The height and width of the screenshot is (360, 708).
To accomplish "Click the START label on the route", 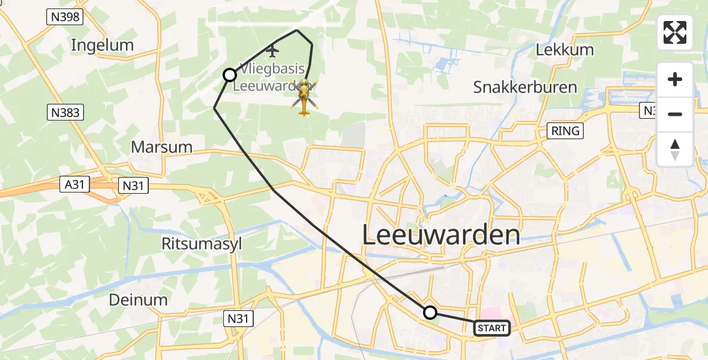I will tap(492, 328).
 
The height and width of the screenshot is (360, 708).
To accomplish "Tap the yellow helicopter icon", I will tap(304, 97).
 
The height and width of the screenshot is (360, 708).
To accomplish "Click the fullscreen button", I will tap(675, 32).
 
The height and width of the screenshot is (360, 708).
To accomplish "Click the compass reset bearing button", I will tap(675, 149).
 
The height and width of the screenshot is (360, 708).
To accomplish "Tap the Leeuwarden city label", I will tap(441, 235).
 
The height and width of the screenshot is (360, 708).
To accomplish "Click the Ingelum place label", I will tap(102, 45).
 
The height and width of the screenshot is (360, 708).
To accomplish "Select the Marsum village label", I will tap(162, 147).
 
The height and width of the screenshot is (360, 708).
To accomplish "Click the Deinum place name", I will tap(139, 299).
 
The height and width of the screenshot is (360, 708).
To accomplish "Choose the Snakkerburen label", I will tap(525, 87).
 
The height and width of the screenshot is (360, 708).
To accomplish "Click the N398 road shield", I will tap(64, 17).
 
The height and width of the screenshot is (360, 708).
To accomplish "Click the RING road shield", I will tap(566, 130).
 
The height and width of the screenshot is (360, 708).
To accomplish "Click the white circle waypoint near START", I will tap(430, 312).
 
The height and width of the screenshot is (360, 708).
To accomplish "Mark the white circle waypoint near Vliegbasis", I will tap(229, 75).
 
